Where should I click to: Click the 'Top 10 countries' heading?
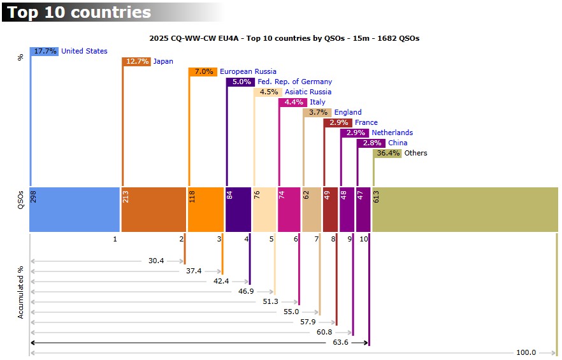pyautogui.click(x=80, y=12)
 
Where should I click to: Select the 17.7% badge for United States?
pyautogui.click(x=45, y=51)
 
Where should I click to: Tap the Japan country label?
pyautogui.click(x=163, y=61)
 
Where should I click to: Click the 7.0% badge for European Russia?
pyautogui.click(x=203, y=71)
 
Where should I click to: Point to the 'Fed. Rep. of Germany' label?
pyautogui.click(x=294, y=82)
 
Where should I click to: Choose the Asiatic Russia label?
pyautogui.click(x=308, y=92)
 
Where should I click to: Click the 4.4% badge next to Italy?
pyautogui.click(x=293, y=102)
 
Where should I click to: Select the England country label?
pyautogui.click(x=348, y=112)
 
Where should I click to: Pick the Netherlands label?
pyautogui.click(x=392, y=133)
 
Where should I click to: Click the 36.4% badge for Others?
pyautogui.click(x=388, y=153)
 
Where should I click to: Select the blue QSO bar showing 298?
pyautogui.click(x=75, y=210)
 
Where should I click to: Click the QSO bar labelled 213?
pyautogui.click(x=154, y=210)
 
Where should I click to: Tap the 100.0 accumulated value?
pyautogui.click(x=526, y=352)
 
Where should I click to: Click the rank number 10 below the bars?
pyautogui.click(x=363, y=240)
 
